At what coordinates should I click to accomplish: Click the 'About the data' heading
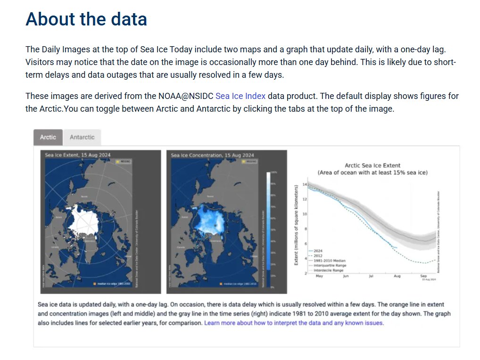click(x=86, y=19)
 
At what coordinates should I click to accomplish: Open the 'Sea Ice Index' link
click(x=240, y=96)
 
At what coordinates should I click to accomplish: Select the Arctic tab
click(x=48, y=137)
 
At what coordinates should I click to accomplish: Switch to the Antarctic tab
click(x=82, y=137)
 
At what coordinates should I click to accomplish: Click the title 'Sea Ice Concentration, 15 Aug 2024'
click(x=212, y=155)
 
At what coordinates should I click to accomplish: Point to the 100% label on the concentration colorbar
click(x=273, y=172)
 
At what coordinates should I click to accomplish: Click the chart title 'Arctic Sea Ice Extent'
click(x=372, y=165)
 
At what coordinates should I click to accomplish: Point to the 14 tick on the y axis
click(x=305, y=184)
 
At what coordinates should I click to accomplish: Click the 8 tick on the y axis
click(x=306, y=229)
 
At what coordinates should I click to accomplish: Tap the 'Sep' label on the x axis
click(x=423, y=276)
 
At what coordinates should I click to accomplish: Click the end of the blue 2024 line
click(x=397, y=247)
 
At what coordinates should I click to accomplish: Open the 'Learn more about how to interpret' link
click(x=294, y=323)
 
